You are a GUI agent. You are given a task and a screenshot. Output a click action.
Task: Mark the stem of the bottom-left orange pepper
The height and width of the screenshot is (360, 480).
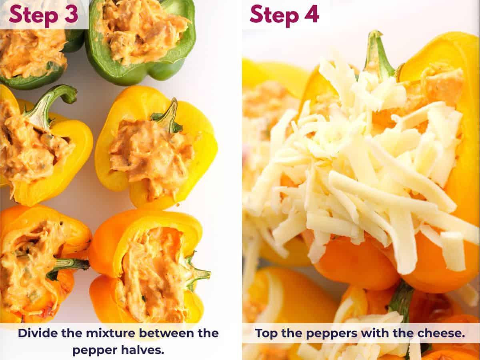click(68, 266)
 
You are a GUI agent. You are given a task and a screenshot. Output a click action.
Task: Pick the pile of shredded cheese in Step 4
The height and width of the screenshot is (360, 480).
click(360, 168)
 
